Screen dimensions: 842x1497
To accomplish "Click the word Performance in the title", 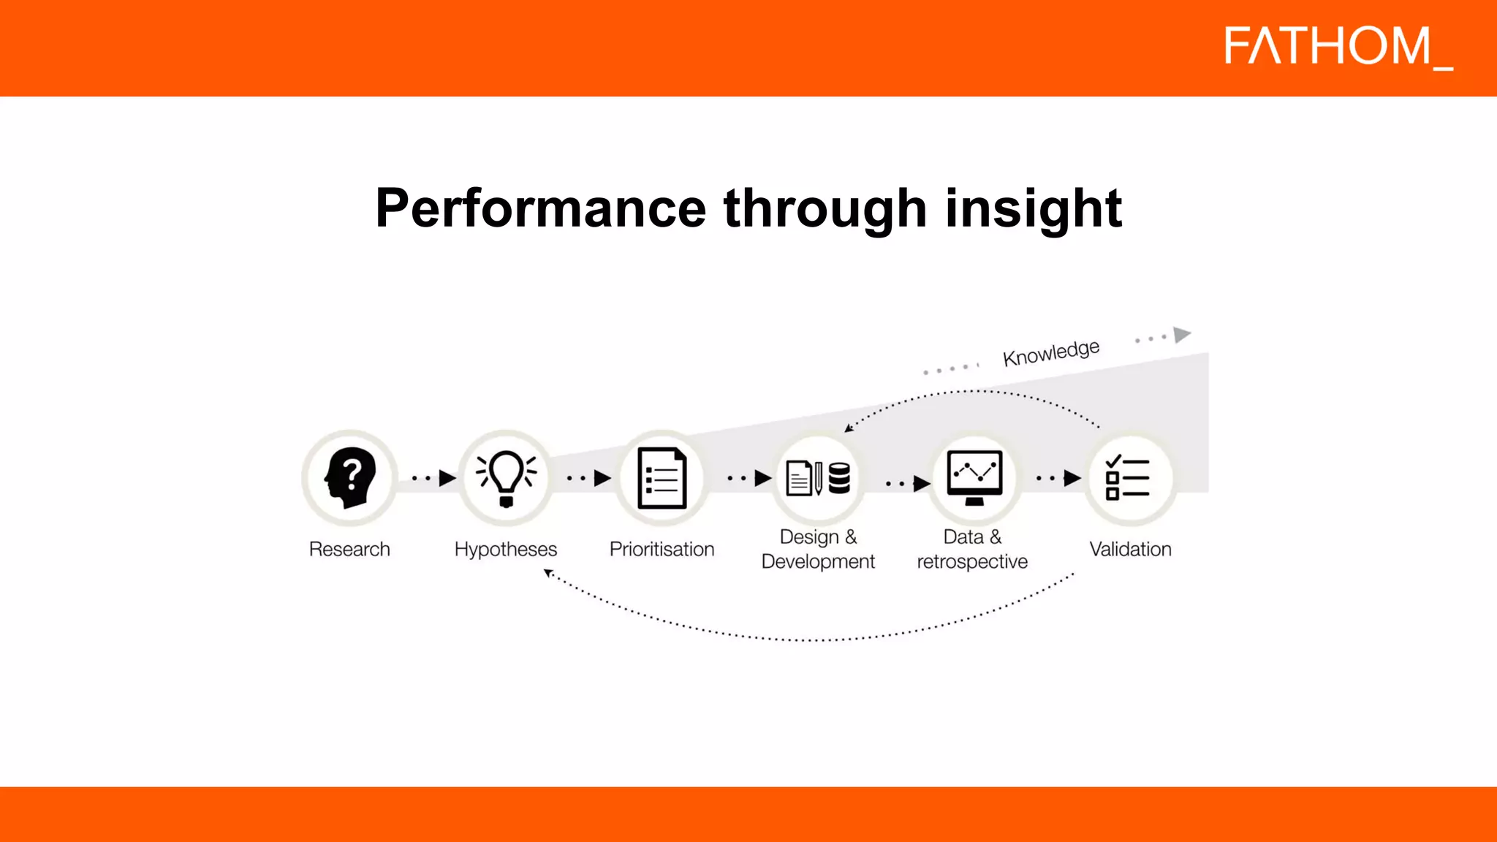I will click(x=540, y=209).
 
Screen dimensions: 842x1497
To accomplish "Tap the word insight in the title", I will click(x=1033, y=209).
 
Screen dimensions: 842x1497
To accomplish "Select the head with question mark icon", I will click(x=349, y=477).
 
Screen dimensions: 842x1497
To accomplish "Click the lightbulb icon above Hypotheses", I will click(x=506, y=477).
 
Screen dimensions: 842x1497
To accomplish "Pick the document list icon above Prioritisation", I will click(x=662, y=478).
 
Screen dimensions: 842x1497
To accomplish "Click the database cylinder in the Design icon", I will click(x=839, y=479).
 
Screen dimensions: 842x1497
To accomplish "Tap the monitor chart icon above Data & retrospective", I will click(x=974, y=477).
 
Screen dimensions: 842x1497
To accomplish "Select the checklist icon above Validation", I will click(x=1128, y=478).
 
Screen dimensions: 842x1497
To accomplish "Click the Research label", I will click(x=349, y=549).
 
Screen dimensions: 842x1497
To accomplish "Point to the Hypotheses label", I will click(x=506, y=549).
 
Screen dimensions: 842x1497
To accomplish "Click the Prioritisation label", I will click(x=662, y=549).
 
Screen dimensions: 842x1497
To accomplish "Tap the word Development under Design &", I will click(x=818, y=561).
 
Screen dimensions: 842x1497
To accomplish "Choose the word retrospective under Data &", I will click(x=972, y=561).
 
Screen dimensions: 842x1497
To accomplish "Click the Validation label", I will click(x=1130, y=549).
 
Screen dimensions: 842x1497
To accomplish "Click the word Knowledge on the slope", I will click(x=1051, y=353).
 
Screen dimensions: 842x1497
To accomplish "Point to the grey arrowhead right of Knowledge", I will click(x=1181, y=335).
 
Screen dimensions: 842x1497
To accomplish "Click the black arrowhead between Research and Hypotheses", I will click(x=447, y=479).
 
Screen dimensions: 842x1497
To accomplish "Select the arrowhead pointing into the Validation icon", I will click(x=1072, y=479).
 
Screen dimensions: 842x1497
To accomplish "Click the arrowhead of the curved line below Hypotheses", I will click(x=548, y=574).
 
